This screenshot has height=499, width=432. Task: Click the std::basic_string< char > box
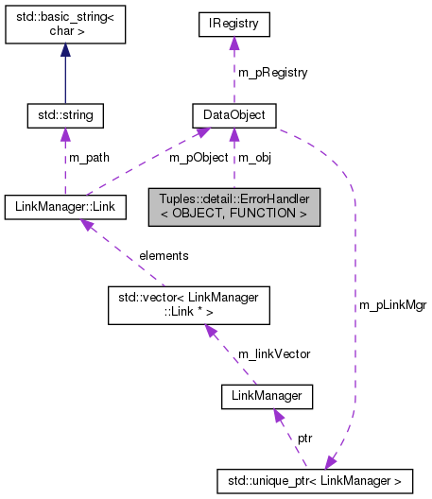(63, 27)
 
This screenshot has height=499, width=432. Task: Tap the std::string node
(63, 116)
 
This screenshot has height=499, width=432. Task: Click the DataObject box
(233, 116)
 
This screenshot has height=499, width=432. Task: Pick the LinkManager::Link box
(63, 205)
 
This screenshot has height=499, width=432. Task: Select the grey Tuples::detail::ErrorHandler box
(233, 205)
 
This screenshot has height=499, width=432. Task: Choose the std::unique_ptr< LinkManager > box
(315, 481)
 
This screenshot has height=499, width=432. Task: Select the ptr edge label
(305, 439)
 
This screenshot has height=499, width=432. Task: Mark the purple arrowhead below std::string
(63, 135)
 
